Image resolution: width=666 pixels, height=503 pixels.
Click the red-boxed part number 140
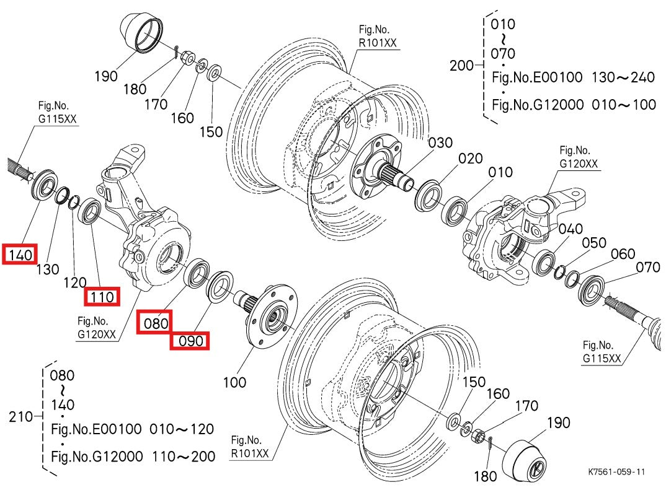point(20,254)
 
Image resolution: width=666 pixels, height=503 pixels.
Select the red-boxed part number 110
point(102,297)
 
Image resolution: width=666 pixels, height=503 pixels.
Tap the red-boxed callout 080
point(155,323)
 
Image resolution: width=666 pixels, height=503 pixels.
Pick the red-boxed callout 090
point(190,341)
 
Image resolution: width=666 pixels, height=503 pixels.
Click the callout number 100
point(234,382)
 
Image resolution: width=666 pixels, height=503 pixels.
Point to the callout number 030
point(441,143)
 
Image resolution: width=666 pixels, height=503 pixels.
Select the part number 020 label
point(470,159)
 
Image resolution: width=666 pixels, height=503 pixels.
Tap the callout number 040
point(571,229)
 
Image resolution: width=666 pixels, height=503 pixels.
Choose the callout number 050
point(593,243)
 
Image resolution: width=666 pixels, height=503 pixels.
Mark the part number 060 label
point(623,254)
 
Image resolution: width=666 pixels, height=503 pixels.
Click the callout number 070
point(649,268)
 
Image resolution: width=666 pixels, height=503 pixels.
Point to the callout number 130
point(48,269)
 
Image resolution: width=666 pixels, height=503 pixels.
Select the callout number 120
point(75,282)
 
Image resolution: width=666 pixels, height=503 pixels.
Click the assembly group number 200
point(461,65)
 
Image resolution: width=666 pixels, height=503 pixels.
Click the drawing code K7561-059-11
point(616,471)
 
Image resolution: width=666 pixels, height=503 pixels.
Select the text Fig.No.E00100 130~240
point(573,77)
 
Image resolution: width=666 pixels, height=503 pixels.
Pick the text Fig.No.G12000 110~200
point(133,457)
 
